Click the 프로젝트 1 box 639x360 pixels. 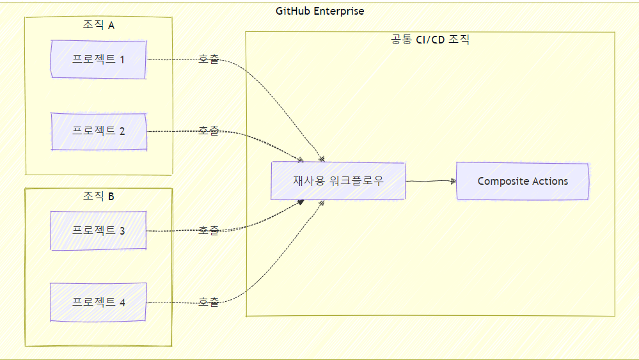(x=99, y=59)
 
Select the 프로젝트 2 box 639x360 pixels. (x=99, y=131)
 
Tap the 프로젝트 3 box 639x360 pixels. (x=99, y=230)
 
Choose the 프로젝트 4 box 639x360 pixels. (x=99, y=302)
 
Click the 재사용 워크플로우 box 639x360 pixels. (x=338, y=181)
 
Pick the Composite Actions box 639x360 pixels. (x=522, y=181)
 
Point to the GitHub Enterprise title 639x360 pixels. (x=320, y=11)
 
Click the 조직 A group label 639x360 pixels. (x=98, y=26)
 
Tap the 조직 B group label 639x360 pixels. (x=98, y=196)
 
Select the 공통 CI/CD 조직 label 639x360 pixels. (x=430, y=40)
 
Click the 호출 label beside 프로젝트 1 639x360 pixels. (x=208, y=59)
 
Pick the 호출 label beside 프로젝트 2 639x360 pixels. (x=208, y=131)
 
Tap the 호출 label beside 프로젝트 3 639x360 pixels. (x=208, y=230)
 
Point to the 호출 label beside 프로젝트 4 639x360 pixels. (x=208, y=302)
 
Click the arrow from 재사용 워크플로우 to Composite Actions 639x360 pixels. (x=430, y=181)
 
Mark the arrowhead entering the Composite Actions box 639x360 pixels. (x=453, y=181)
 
